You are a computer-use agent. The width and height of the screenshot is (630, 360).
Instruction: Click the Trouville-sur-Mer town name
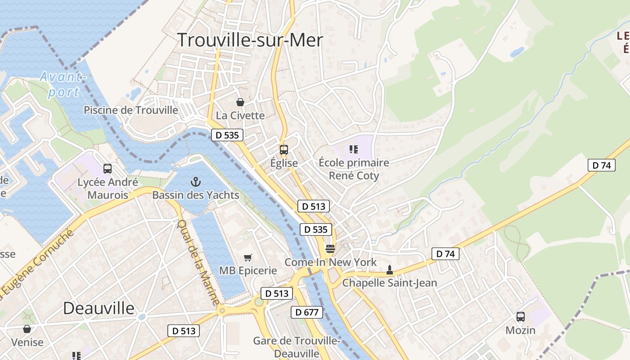click(250, 40)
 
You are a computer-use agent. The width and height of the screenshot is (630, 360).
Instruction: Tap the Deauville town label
click(99, 308)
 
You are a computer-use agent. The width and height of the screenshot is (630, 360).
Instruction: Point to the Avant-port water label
click(63, 84)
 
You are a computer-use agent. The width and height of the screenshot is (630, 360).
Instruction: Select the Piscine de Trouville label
click(131, 110)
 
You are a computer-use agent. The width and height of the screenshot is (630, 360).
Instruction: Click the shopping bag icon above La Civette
click(240, 102)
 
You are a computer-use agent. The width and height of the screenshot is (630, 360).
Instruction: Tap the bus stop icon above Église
click(284, 150)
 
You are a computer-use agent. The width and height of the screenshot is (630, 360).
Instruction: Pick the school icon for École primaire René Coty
click(354, 149)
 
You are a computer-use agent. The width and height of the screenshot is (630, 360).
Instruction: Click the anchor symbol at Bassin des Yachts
click(196, 182)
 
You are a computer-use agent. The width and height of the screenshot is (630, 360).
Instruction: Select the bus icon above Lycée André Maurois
click(108, 169)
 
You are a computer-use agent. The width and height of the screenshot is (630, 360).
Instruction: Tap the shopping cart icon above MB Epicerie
click(247, 257)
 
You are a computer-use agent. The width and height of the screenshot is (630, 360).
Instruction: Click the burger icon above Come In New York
click(330, 249)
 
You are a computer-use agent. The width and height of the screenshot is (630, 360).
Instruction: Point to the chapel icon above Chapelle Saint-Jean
click(390, 270)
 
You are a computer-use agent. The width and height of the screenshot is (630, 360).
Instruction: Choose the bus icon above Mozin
click(521, 317)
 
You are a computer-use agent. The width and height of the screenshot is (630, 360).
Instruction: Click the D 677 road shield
click(307, 312)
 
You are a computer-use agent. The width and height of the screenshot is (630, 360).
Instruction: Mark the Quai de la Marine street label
click(198, 262)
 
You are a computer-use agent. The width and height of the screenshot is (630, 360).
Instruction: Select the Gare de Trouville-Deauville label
click(297, 347)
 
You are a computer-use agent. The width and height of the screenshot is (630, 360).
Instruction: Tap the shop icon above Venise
click(27, 329)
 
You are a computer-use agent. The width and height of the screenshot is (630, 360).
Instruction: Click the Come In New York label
click(331, 262)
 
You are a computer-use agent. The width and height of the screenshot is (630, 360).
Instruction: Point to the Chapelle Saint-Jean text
click(390, 283)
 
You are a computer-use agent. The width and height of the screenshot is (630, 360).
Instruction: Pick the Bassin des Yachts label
click(196, 195)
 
